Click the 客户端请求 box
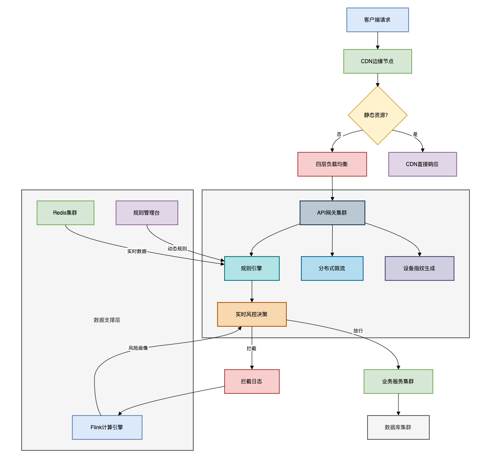tap(378, 20)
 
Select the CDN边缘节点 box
tap(378, 61)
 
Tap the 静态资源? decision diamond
tap(378, 115)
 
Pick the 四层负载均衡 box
tap(332, 164)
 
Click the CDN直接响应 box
tap(422, 164)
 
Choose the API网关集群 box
tap(332, 213)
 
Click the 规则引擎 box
tap(252, 268)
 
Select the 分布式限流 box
tap(332, 268)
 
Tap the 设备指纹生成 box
tap(419, 268)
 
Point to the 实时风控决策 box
tap(252, 314)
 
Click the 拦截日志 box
tap(252, 382)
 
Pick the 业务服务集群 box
tap(398, 382)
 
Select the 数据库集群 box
tap(398, 427)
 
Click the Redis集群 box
tap(65, 213)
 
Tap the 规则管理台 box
tap(147, 213)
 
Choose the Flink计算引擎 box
tap(107, 427)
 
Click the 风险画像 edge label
tap(138, 348)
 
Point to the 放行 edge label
tap(358, 331)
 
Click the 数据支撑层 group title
tap(107, 320)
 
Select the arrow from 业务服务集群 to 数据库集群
tap(398, 404)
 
